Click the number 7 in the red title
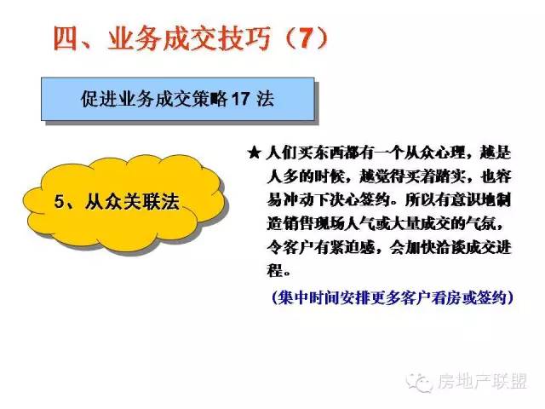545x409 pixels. tap(306, 37)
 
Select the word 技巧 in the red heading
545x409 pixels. tap(244, 37)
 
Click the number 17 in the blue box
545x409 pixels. tap(240, 99)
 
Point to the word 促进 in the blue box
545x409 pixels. tap(100, 99)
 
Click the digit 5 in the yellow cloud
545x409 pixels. tap(60, 202)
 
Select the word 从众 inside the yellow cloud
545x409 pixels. tap(102, 202)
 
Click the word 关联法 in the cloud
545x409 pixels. tap(151, 202)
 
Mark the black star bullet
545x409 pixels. tap(254, 153)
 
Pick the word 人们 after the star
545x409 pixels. tap(281, 153)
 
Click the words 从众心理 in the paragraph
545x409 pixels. tap(434, 153)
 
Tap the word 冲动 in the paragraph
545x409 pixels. tap(297, 200)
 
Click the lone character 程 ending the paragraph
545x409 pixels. tap(274, 271)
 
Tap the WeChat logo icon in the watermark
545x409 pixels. tap(419, 383)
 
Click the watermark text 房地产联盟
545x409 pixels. tap(482, 381)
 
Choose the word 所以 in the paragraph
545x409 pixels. tap(420, 200)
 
